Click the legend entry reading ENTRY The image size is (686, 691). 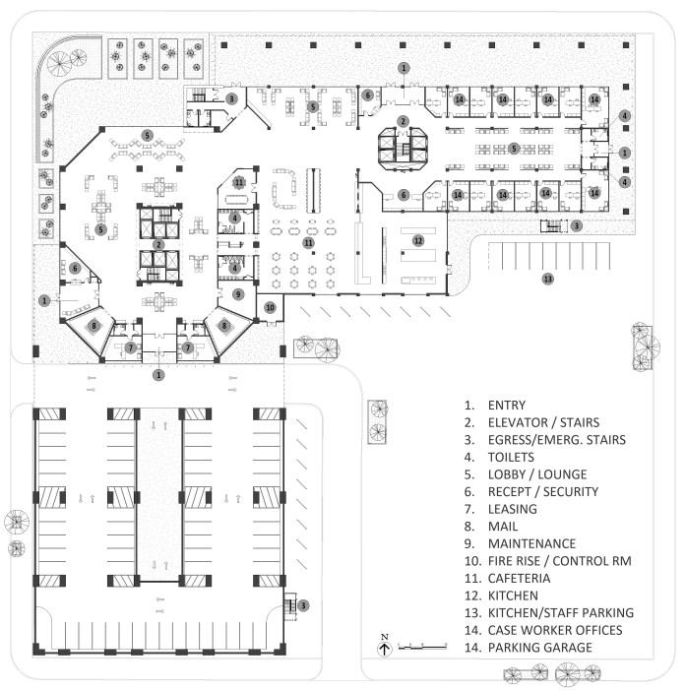tap(507, 405)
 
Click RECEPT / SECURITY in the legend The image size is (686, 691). tap(543, 491)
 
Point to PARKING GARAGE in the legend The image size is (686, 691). tap(540, 647)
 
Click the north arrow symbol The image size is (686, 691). tap(385, 647)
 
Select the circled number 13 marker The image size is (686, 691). tap(548, 279)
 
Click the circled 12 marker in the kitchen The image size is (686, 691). tap(418, 239)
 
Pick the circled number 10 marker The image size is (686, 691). tap(271, 307)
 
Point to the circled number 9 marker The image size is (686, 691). tap(236, 293)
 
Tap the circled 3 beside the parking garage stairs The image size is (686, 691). tap(304, 605)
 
